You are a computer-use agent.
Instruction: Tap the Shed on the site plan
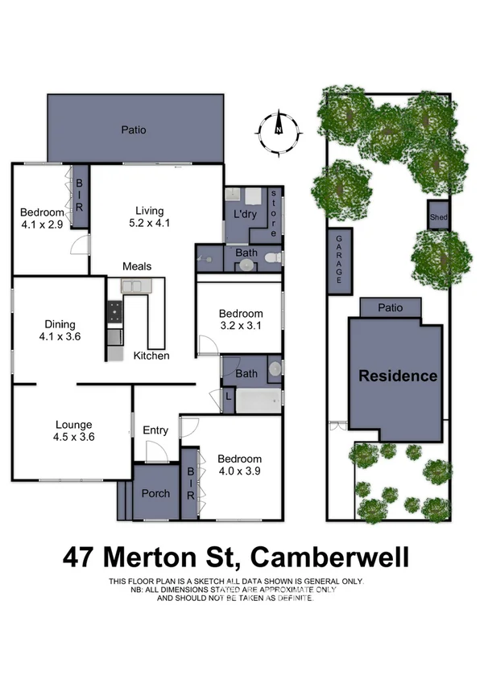(x=437, y=217)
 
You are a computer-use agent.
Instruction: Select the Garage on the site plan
(x=339, y=261)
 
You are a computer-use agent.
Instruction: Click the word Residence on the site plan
(x=398, y=376)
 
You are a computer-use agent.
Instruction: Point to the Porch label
(x=155, y=493)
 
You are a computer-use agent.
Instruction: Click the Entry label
(x=155, y=431)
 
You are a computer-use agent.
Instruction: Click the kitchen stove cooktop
(x=115, y=310)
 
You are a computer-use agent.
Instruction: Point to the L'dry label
(x=245, y=216)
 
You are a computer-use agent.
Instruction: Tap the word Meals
(x=137, y=266)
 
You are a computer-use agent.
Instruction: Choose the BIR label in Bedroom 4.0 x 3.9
(x=191, y=483)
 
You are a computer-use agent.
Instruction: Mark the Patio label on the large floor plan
(x=134, y=128)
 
